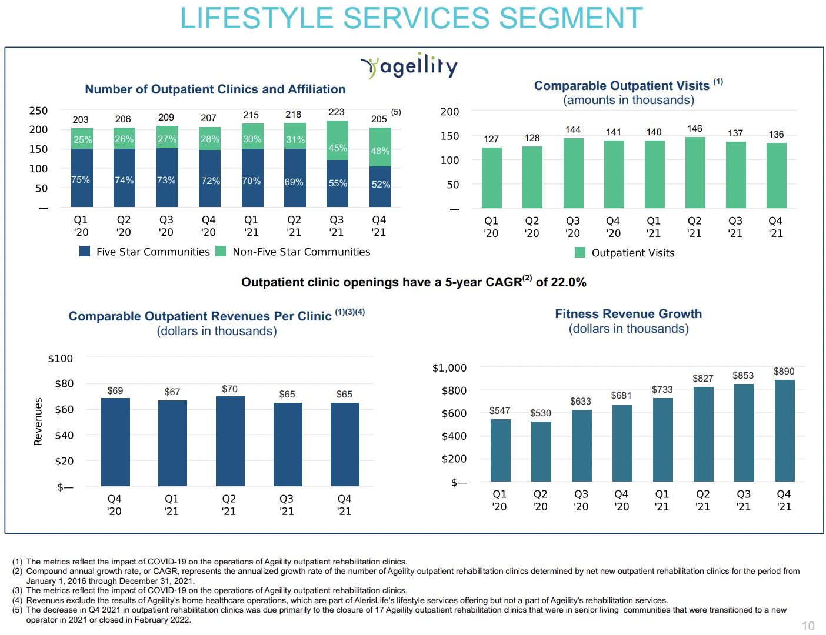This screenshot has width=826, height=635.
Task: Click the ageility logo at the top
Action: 409,66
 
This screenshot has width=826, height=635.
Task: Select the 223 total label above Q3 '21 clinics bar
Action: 337,112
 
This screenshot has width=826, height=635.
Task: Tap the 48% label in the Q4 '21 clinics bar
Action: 380,151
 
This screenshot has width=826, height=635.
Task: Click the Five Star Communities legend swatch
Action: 85,252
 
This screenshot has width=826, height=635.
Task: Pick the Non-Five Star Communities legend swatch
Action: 221,252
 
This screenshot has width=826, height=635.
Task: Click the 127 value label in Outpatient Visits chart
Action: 491,139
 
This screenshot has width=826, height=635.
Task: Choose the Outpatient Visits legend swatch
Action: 580,253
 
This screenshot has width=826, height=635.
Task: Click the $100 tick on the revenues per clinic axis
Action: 61,359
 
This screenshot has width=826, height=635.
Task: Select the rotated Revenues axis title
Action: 39,422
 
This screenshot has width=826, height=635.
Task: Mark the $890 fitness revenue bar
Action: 784,430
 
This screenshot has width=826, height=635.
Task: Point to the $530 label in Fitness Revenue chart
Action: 540,413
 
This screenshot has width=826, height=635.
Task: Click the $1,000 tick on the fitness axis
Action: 449,368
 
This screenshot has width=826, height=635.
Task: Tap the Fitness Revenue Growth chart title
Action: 628,314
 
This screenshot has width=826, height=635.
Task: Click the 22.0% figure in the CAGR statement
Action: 568,282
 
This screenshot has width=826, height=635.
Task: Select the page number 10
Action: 808,626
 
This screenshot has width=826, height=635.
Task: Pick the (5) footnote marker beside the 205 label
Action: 396,112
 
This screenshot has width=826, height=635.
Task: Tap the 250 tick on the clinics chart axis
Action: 39,111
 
